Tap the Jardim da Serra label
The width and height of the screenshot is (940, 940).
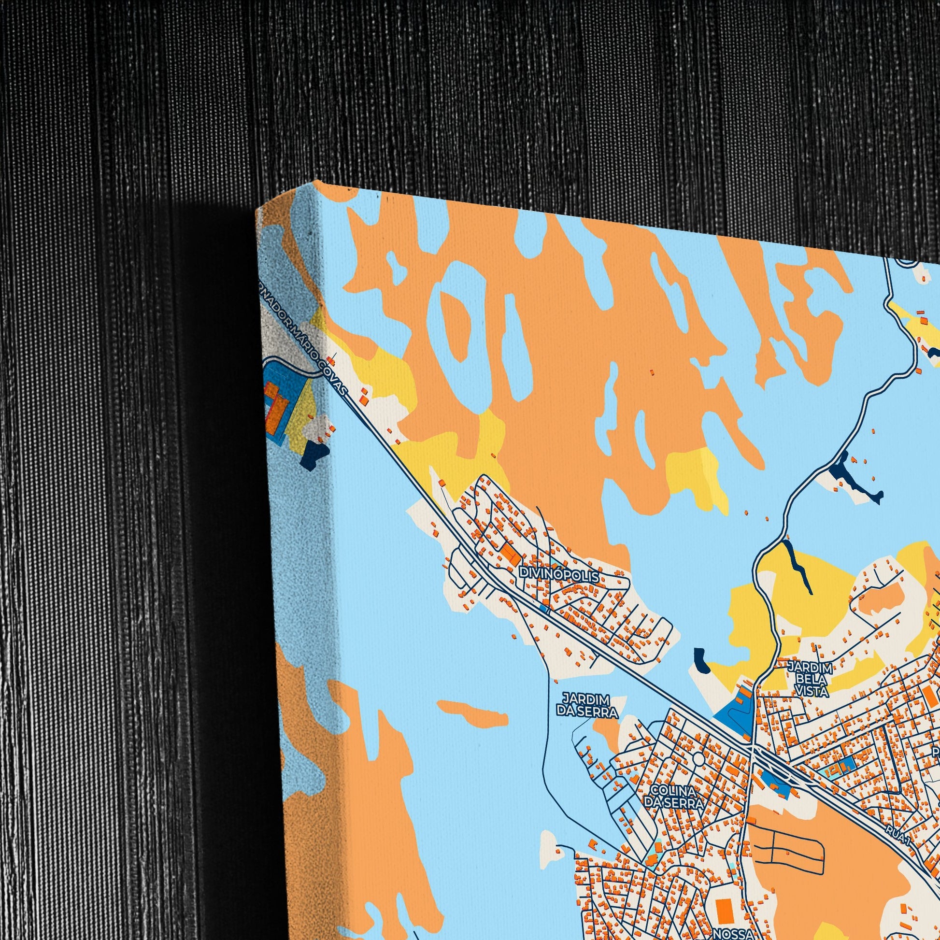click(587, 706)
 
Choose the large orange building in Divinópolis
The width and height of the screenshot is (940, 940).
click(510, 552)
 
